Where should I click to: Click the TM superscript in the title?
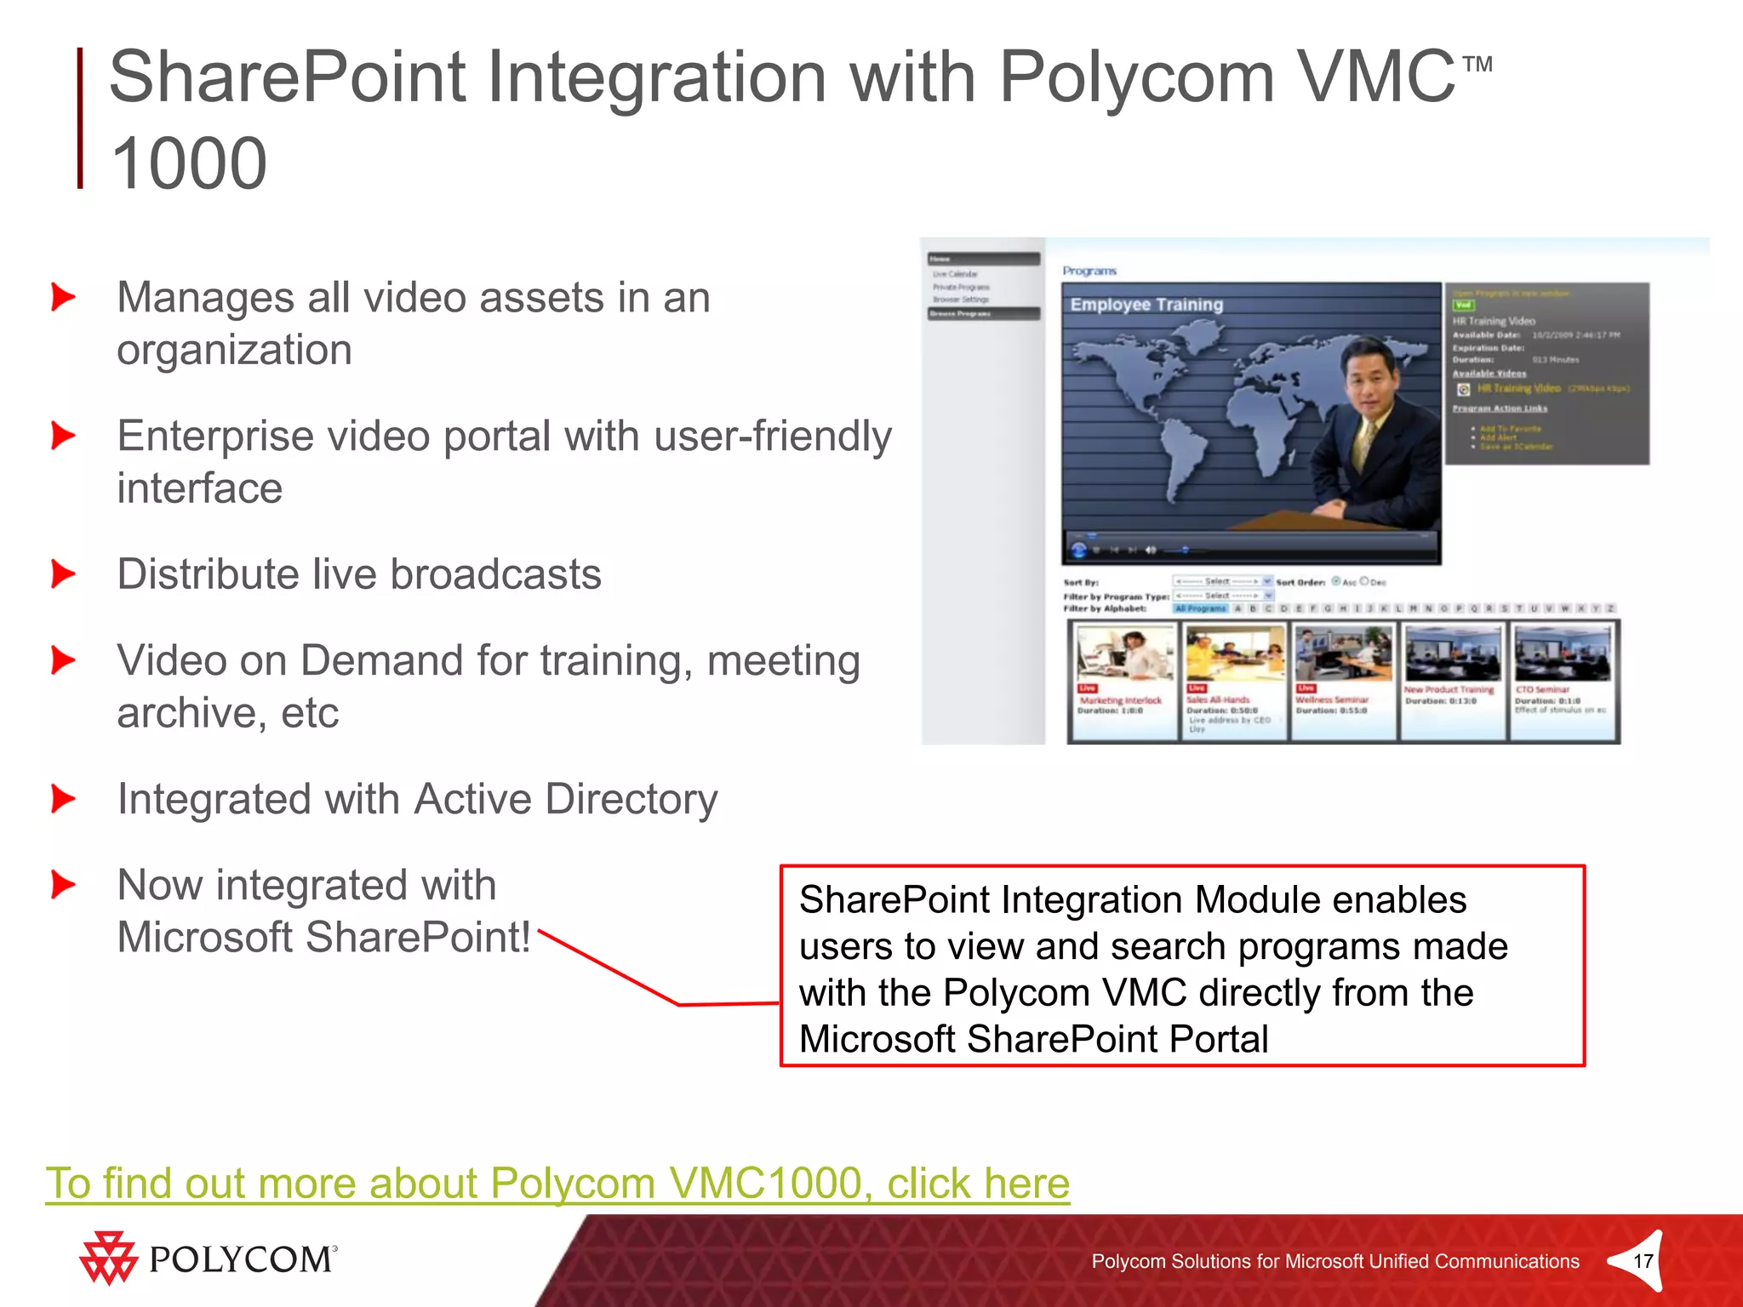1477,65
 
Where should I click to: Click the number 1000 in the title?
189,163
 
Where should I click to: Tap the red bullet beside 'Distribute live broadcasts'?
64,574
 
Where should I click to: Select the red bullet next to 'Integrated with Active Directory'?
64,798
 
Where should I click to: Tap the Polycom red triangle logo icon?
108,1258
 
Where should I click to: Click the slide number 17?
1643,1261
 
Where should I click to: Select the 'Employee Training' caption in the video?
1146,305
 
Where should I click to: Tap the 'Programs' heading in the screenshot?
1089,271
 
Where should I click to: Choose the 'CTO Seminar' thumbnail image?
1563,653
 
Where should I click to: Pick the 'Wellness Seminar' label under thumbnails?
1333,699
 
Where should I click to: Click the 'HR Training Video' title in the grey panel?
1493,321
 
